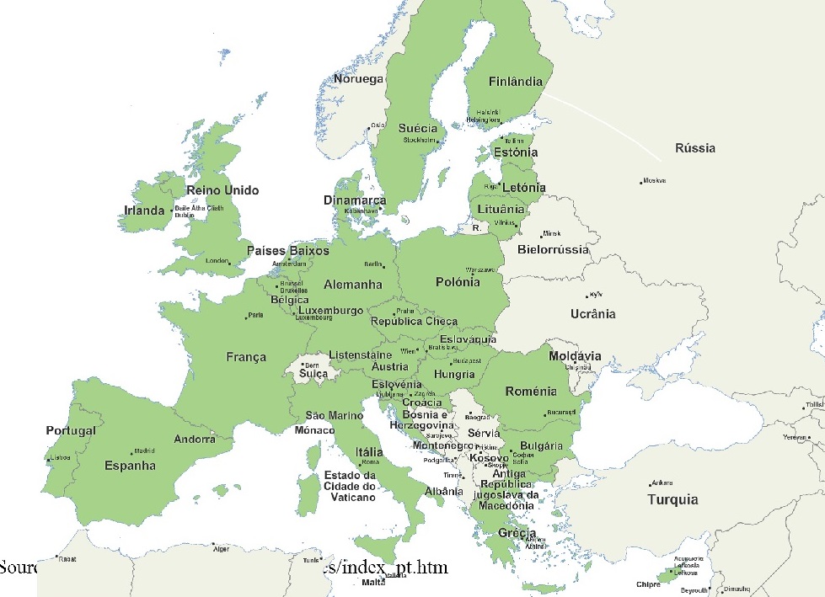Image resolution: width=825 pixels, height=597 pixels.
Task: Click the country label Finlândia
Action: coord(516,83)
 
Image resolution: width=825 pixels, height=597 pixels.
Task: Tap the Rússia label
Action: coord(694,148)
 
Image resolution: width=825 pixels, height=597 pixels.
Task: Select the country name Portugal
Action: coord(71,430)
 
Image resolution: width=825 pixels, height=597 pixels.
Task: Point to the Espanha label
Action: coord(130,465)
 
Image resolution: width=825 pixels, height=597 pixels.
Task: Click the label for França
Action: coord(246,357)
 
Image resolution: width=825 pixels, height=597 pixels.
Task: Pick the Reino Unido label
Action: coord(222,190)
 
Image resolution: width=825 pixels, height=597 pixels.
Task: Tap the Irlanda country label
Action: coord(144,211)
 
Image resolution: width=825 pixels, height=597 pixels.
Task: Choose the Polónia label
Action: coord(458,282)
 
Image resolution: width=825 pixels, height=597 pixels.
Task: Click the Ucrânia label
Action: coord(592,314)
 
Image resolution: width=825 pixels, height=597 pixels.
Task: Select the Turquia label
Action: coord(672,499)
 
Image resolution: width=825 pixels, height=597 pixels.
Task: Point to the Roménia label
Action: coord(531,392)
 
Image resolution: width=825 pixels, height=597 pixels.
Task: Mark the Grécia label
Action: coord(517,533)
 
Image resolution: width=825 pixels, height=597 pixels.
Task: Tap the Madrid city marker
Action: coord(131,451)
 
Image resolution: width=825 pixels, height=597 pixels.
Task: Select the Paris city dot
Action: coord(246,317)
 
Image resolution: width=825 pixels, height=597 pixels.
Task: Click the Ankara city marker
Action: coord(650,484)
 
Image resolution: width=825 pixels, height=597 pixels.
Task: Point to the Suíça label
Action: coord(313,373)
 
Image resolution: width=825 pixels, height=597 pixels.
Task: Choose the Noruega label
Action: coord(358,79)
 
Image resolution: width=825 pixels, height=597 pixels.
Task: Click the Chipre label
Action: coord(648,584)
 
